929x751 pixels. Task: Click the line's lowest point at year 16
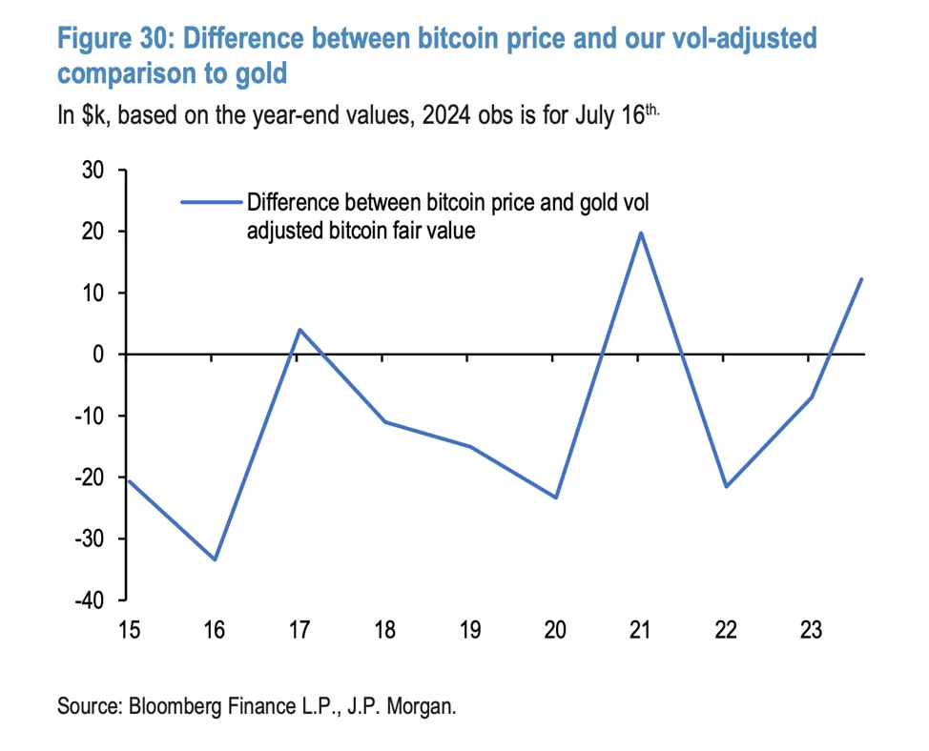point(215,559)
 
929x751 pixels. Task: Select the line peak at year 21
point(640,233)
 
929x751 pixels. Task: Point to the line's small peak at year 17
point(299,330)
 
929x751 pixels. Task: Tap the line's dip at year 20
point(555,497)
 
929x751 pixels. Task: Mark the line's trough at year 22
point(726,486)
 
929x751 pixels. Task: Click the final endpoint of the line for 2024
point(862,279)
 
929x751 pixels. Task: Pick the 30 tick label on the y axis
point(92,171)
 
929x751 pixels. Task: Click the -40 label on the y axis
point(88,599)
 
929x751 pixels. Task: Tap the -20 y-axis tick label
point(88,477)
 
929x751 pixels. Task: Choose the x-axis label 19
point(469,630)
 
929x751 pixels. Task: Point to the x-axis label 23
point(811,630)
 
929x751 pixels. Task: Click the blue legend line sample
point(212,202)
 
